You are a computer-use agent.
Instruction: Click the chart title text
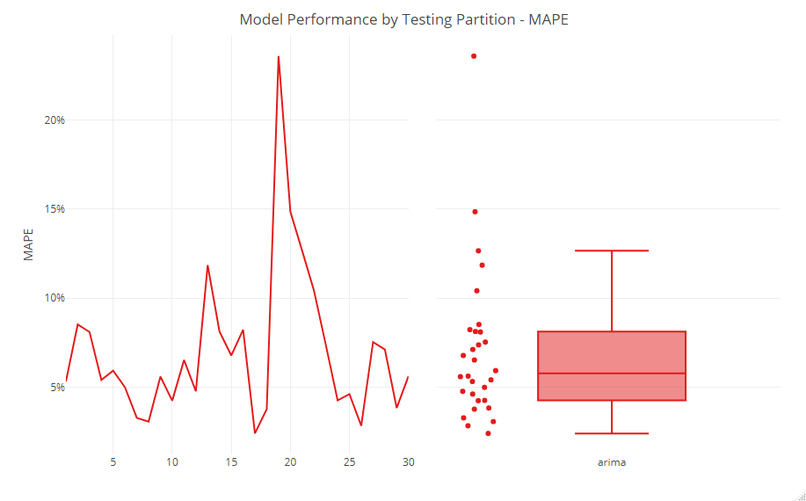(403, 19)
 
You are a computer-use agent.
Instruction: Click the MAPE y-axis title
(29, 245)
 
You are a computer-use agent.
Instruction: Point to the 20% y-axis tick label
(54, 120)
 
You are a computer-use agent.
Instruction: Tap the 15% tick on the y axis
(54, 209)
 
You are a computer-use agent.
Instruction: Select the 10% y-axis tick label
(54, 298)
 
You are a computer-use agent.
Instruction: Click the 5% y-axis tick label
(56, 387)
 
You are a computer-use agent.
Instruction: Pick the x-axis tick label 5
(113, 461)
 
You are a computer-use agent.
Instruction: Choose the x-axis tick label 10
(171, 461)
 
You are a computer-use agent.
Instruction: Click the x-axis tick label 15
(231, 461)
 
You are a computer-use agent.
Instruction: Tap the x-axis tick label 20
(290, 461)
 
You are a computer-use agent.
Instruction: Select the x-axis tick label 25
(349, 461)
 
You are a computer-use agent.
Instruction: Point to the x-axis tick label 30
(408, 461)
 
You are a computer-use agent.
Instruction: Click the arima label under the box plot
(611, 461)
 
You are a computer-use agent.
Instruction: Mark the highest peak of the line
(279, 57)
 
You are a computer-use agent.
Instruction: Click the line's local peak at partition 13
(207, 265)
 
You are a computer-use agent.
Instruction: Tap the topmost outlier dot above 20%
(474, 56)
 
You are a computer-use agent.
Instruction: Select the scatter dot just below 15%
(475, 212)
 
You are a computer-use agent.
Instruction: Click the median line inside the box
(611, 374)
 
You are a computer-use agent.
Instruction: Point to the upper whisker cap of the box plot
(611, 250)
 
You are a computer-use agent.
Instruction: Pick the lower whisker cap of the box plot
(611, 433)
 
